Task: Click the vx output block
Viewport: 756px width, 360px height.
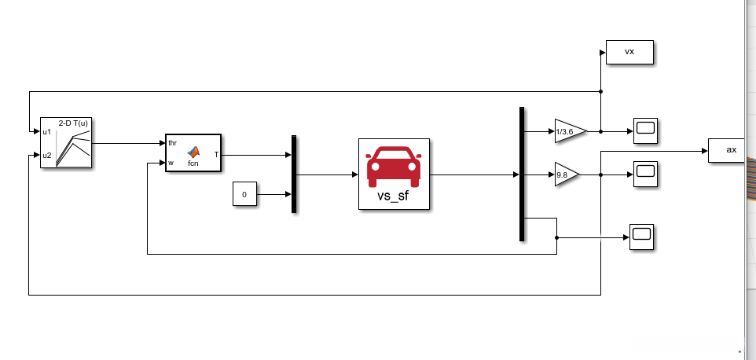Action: click(629, 52)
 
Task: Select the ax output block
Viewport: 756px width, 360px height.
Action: click(732, 150)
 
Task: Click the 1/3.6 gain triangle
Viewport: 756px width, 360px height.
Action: click(568, 131)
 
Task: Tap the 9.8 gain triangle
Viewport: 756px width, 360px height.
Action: click(565, 174)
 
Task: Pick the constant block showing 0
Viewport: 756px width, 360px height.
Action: click(244, 193)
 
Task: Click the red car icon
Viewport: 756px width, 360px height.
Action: click(394, 166)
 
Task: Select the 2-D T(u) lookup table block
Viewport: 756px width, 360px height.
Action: click(67, 143)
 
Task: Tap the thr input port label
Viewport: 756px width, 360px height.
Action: click(172, 143)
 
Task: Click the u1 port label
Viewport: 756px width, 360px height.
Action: click(47, 131)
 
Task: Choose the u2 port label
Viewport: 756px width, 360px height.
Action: click(47, 155)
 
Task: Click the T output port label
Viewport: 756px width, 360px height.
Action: click(217, 155)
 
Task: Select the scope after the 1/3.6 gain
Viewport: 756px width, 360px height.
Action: click(645, 130)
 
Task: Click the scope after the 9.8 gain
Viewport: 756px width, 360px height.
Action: click(645, 173)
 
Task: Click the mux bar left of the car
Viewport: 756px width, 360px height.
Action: click(294, 174)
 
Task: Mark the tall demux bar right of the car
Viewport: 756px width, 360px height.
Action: click(522, 174)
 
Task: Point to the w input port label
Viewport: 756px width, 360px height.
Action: click(171, 163)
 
